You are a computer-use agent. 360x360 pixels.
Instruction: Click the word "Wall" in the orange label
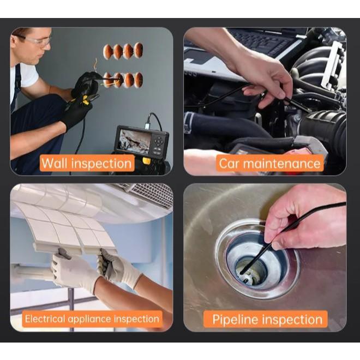pos(55,163)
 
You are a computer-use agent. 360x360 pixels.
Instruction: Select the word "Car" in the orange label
pos(229,164)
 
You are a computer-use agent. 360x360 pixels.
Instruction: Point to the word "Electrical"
pos(45,319)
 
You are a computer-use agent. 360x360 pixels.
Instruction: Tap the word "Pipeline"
pos(235,320)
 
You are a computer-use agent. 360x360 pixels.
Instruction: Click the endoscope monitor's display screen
pos(135,141)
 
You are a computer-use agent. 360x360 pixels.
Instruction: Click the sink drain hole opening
pos(252,272)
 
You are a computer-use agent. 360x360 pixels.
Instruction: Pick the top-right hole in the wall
pos(139,50)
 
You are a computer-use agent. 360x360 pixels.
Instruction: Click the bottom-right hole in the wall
pos(139,80)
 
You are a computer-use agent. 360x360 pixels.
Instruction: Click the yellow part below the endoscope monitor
pos(147,160)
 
